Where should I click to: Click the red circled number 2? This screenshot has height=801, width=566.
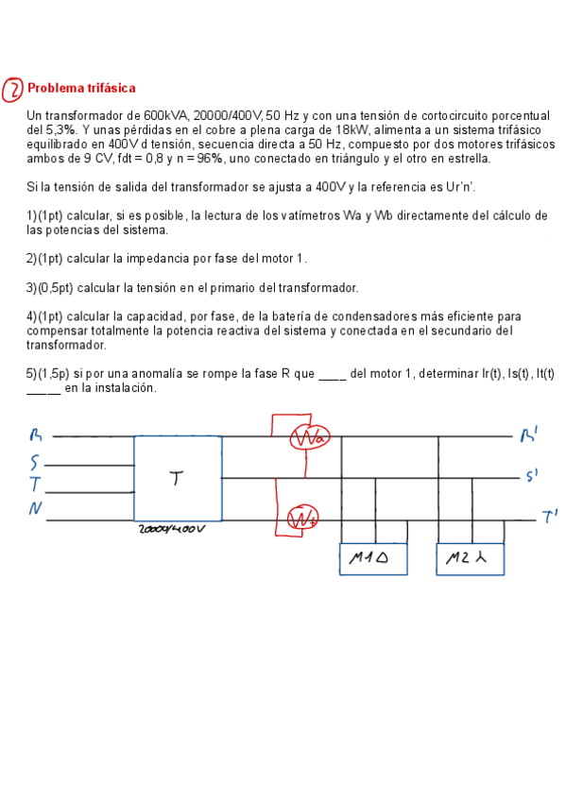click(x=14, y=90)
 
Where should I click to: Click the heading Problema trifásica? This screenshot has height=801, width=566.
click(x=81, y=89)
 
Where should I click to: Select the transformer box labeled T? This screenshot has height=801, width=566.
click(x=178, y=479)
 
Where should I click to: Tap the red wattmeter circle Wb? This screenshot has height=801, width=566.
click(x=302, y=519)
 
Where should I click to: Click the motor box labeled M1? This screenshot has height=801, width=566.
click(x=373, y=559)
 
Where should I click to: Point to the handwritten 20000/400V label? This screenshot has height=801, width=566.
click(x=171, y=530)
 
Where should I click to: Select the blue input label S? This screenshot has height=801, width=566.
click(x=35, y=464)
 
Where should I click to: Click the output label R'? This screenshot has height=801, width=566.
click(x=529, y=435)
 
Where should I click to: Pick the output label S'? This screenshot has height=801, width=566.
click(x=531, y=476)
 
